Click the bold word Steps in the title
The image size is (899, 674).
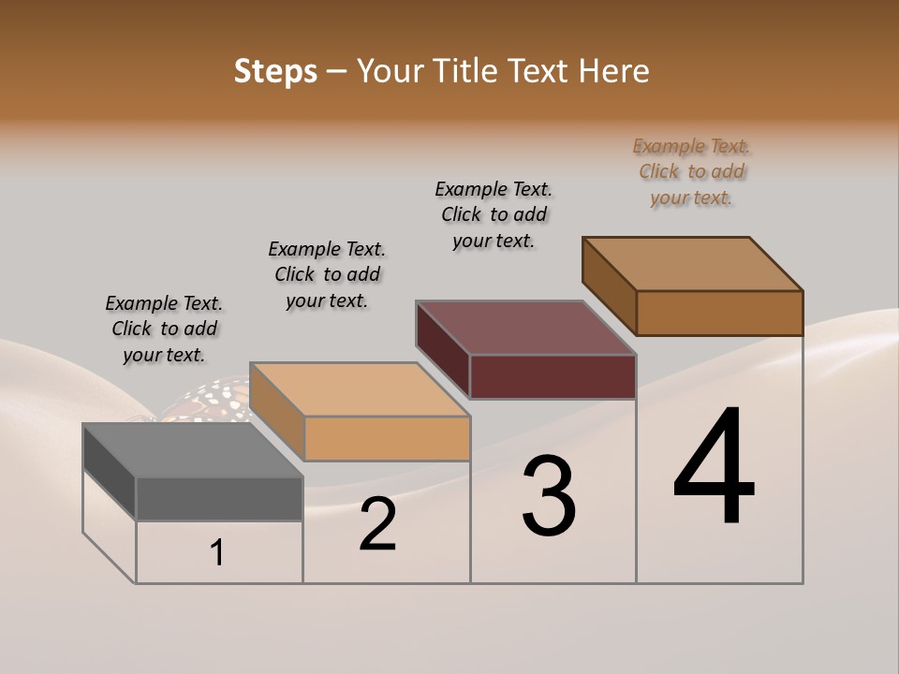click(275, 71)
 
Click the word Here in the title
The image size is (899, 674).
click(614, 71)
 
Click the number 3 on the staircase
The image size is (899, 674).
click(549, 496)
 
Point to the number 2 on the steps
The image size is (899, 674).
click(377, 525)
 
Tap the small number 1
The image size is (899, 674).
click(217, 553)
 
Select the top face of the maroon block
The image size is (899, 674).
click(526, 328)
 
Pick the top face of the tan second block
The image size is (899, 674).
click(360, 389)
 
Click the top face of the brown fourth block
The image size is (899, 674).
click(693, 264)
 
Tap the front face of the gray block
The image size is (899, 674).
click(219, 498)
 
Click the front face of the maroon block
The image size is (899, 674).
click(553, 376)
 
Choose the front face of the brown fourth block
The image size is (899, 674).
click(719, 313)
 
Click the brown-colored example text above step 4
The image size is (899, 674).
click(691, 172)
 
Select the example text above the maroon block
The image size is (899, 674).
click(494, 214)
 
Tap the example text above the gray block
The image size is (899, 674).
click(164, 329)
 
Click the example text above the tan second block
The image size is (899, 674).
click(327, 274)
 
